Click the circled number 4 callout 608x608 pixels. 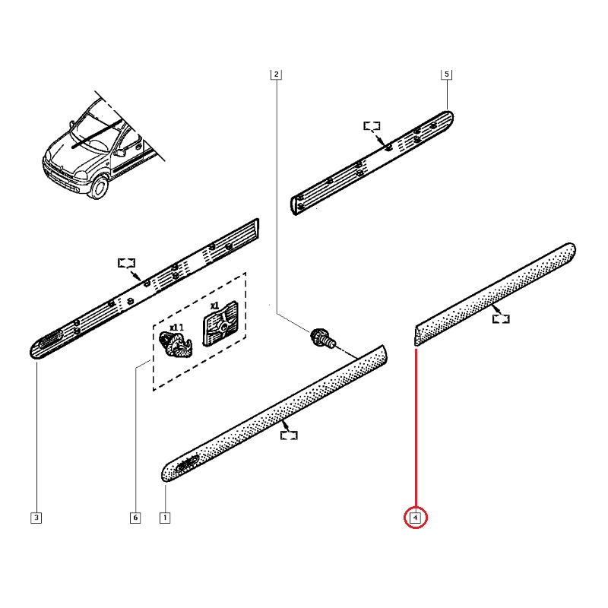pyautogui.click(x=416, y=518)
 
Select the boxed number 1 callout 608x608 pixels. pyautogui.click(x=164, y=518)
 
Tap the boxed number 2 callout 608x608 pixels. pyautogui.click(x=276, y=74)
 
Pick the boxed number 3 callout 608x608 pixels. pyautogui.click(x=36, y=518)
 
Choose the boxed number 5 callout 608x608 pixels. pyautogui.click(x=446, y=74)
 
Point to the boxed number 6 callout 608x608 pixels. pyautogui.click(x=135, y=518)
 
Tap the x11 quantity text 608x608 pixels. pyautogui.click(x=176, y=327)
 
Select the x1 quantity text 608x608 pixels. pyautogui.click(x=214, y=306)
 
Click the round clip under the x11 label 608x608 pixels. pyautogui.click(x=176, y=345)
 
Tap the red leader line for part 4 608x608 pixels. pyautogui.click(x=416, y=426)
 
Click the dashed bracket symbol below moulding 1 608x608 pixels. pyautogui.click(x=289, y=435)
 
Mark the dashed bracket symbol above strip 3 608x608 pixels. pyautogui.click(x=126, y=263)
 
